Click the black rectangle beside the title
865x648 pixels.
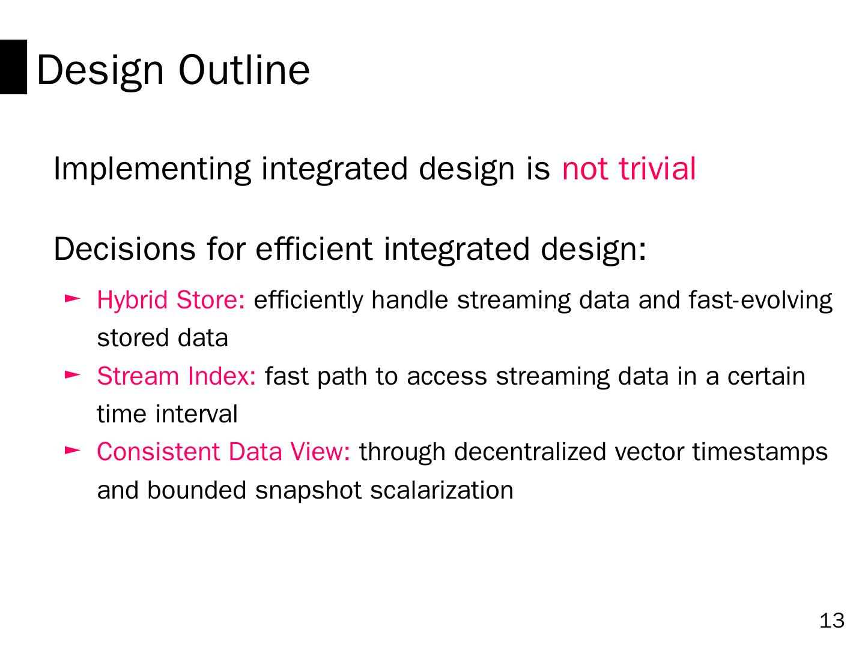[x=13, y=67]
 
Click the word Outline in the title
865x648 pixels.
[x=244, y=70]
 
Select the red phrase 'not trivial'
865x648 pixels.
[x=629, y=169]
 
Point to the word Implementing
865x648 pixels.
[x=152, y=170]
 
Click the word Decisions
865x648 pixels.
[x=124, y=249]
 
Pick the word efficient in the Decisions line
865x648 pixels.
[x=314, y=248]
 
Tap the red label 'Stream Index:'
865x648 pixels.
[x=176, y=376]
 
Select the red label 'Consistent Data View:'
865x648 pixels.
[x=223, y=452]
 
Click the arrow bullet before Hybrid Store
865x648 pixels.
[x=73, y=299]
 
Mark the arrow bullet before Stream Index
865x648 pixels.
[x=73, y=375]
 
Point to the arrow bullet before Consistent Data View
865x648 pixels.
[x=73, y=451]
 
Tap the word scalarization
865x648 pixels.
[x=442, y=490]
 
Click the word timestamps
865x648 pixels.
[x=760, y=452]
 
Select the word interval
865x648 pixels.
[x=196, y=414]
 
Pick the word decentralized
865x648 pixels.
[x=530, y=452]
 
